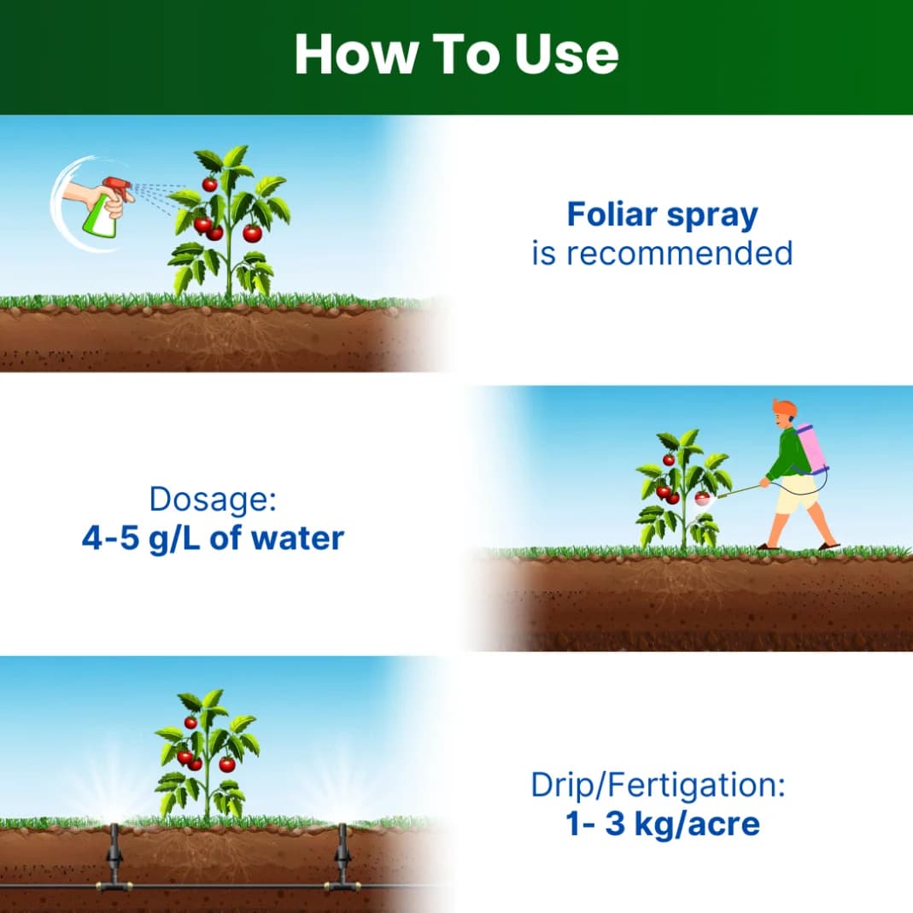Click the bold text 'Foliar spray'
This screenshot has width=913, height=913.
click(662, 215)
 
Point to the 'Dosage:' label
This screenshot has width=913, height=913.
click(213, 500)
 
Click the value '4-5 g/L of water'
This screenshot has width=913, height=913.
click(213, 539)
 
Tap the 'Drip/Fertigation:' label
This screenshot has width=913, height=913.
click(658, 785)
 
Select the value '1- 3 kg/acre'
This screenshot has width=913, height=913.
click(662, 824)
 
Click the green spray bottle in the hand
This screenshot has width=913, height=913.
click(102, 219)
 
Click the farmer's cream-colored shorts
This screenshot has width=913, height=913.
click(796, 495)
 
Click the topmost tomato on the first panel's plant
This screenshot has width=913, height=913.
click(209, 184)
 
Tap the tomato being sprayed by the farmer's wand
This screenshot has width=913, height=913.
click(701, 498)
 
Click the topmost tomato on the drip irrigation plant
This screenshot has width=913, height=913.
click(190, 723)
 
